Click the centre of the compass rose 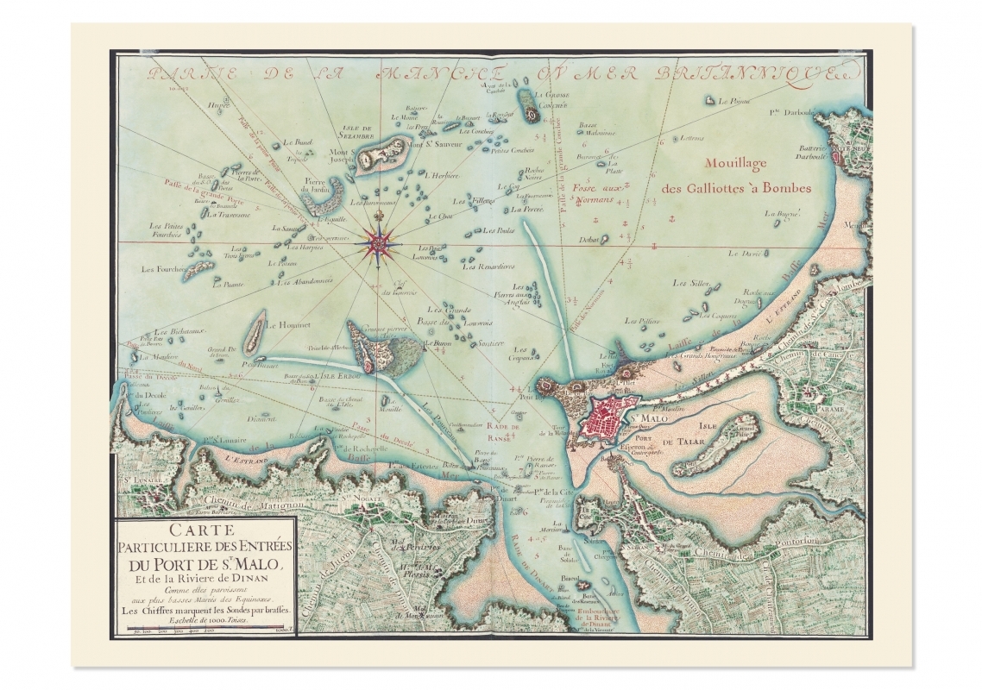pyautogui.click(x=377, y=244)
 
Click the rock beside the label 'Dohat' pyautogui.click(x=605, y=240)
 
